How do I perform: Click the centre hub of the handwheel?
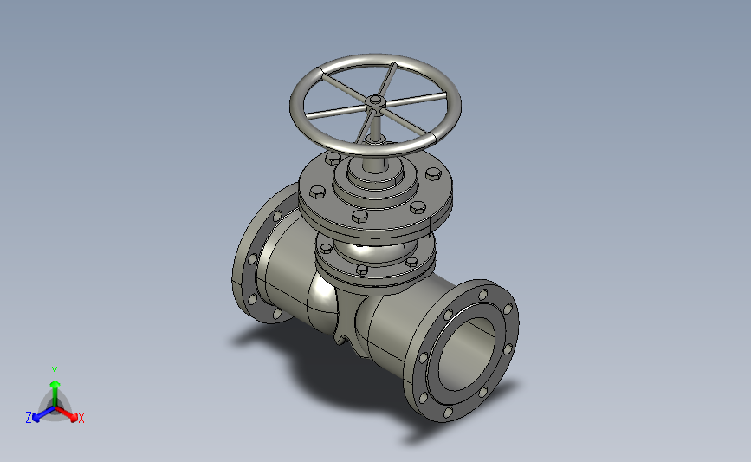(375, 101)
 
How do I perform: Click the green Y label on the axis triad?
(55, 372)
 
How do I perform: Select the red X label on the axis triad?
(81, 418)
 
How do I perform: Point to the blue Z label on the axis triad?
(29, 418)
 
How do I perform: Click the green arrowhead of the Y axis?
(55, 385)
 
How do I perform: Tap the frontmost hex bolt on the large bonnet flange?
(359, 216)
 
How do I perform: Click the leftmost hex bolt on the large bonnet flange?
(317, 192)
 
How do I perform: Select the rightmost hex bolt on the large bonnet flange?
(433, 173)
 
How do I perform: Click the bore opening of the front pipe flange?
(467, 355)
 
